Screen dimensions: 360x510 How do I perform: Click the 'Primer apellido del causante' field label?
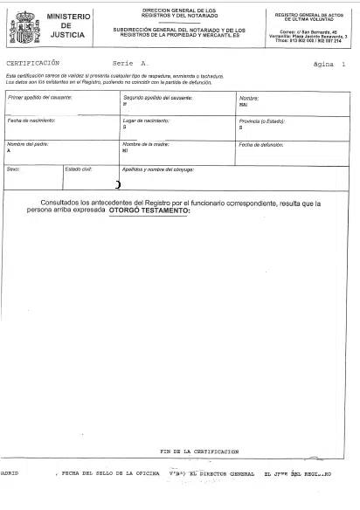(x=39, y=97)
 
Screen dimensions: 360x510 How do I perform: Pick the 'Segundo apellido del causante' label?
(x=157, y=97)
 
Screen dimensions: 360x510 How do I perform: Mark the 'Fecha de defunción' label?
(x=263, y=142)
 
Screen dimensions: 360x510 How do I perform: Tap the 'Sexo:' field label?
(x=13, y=168)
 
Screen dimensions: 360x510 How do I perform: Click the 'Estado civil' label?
(x=79, y=168)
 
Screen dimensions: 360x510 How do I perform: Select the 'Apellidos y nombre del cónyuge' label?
(x=157, y=168)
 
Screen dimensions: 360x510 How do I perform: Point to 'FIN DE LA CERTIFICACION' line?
(x=200, y=451)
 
